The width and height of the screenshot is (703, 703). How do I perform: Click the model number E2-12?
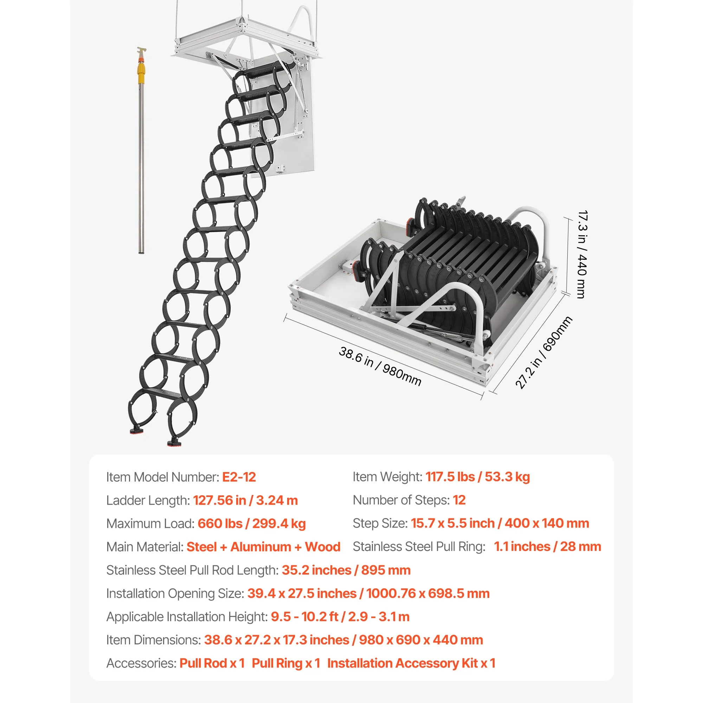pos(239,477)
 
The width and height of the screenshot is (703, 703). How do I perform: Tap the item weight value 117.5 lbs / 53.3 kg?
pos(477,477)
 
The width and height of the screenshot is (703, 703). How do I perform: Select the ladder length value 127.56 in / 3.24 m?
pos(245,500)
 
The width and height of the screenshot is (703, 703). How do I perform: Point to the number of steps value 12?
pos(459,500)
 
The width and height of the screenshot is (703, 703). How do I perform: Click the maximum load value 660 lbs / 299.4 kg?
pos(251,524)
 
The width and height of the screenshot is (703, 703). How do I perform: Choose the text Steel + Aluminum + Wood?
pos(263,547)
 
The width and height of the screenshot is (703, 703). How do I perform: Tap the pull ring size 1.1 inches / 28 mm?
pos(547,547)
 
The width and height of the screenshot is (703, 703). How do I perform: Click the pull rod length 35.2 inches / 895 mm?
pos(346,570)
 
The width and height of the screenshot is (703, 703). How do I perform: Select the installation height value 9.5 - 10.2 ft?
pos(304,617)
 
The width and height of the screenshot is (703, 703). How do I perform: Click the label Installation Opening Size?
pos(175,593)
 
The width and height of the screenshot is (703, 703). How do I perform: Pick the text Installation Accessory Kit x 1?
pos(411,663)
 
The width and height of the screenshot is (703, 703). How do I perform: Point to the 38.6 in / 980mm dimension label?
pos(380,366)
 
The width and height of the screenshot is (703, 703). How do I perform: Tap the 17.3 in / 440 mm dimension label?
pos(582,254)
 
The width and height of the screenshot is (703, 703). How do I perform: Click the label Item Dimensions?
pos(153,640)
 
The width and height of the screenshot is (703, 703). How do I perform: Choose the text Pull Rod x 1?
pos(212,663)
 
